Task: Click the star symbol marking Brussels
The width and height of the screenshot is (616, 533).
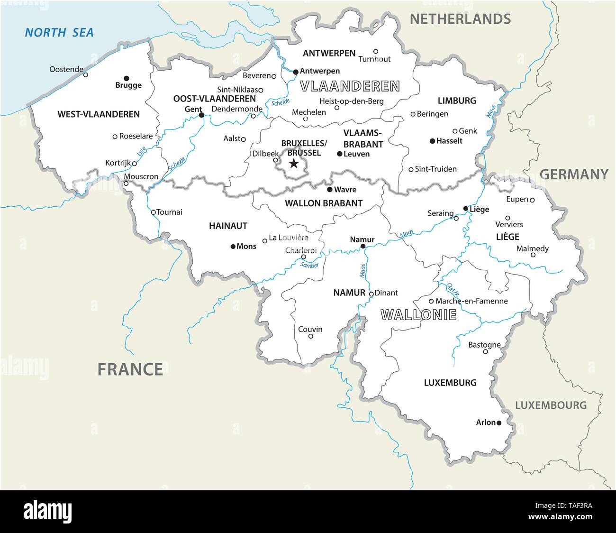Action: tap(294, 164)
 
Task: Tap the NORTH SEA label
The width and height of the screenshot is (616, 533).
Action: tap(59, 33)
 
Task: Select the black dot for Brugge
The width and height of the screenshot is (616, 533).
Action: tap(127, 78)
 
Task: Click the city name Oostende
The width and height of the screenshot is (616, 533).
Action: tap(66, 69)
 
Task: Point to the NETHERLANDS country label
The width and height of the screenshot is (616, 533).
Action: tap(460, 19)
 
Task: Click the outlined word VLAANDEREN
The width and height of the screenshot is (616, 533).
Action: tap(350, 86)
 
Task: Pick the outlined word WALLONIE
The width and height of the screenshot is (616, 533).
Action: tap(419, 314)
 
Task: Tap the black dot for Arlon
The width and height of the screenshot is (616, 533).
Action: tap(498, 423)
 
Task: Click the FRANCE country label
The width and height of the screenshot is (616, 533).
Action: tap(130, 368)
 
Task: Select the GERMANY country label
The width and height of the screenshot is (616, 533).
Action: tap(574, 175)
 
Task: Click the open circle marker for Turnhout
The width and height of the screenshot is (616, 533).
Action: tap(376, 51)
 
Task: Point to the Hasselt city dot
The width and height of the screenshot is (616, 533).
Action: tap(432, 141)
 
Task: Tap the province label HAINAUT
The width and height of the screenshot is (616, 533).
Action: tap(228, 226)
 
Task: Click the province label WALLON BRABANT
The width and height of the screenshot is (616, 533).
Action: tap(324, 203)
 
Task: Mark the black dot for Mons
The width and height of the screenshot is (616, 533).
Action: tap(233, 246)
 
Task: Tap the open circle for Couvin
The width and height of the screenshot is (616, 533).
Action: tap(311, 336)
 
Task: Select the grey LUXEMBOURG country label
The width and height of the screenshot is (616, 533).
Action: tap(551, 405)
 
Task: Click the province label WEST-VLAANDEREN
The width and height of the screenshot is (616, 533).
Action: tap(99, 114)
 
